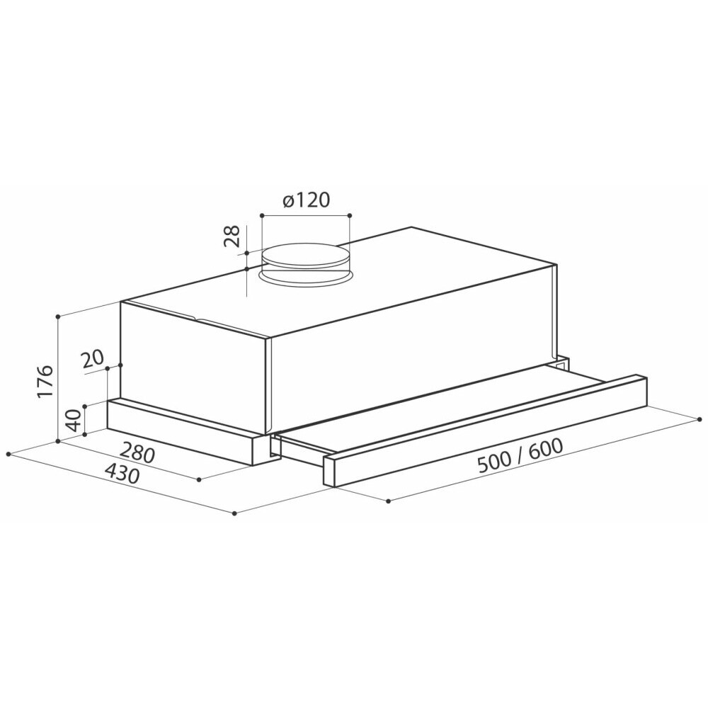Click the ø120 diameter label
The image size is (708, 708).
pos(307,200)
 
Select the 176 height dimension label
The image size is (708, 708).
pos(45,382)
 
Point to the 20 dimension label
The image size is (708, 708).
pos(93,360)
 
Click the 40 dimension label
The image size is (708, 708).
pos(74,420)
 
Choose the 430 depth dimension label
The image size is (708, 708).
pos(121,474)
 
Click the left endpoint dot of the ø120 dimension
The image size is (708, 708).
pos(262,216)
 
